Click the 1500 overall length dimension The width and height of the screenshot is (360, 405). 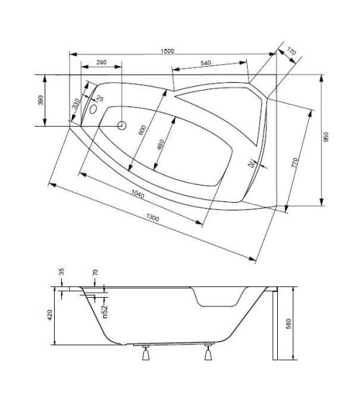tap(168, 51)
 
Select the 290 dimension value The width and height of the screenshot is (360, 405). tap(101, 63)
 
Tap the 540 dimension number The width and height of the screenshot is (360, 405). tap(205, 64)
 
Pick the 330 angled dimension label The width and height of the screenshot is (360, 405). tap(73, 105)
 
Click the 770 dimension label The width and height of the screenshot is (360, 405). tap(294, 162)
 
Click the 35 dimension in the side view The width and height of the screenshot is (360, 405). tap(61, 272)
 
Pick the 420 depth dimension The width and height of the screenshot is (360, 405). tap(50, 314)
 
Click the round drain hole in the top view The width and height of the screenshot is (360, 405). tap(122, 126)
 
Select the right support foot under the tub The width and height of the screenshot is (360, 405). tap(209, 352)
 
